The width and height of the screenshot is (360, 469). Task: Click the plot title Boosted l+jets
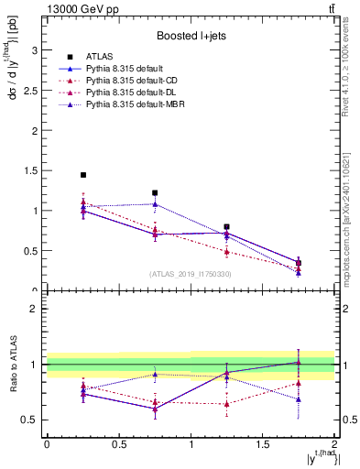(190, 36)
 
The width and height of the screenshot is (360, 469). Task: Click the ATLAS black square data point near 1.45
(83, 175)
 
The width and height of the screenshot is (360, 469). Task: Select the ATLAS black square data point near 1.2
(155, 193)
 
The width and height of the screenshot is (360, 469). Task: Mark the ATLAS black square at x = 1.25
(226, 226)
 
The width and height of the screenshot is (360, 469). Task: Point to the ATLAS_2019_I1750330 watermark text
(190, 273)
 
